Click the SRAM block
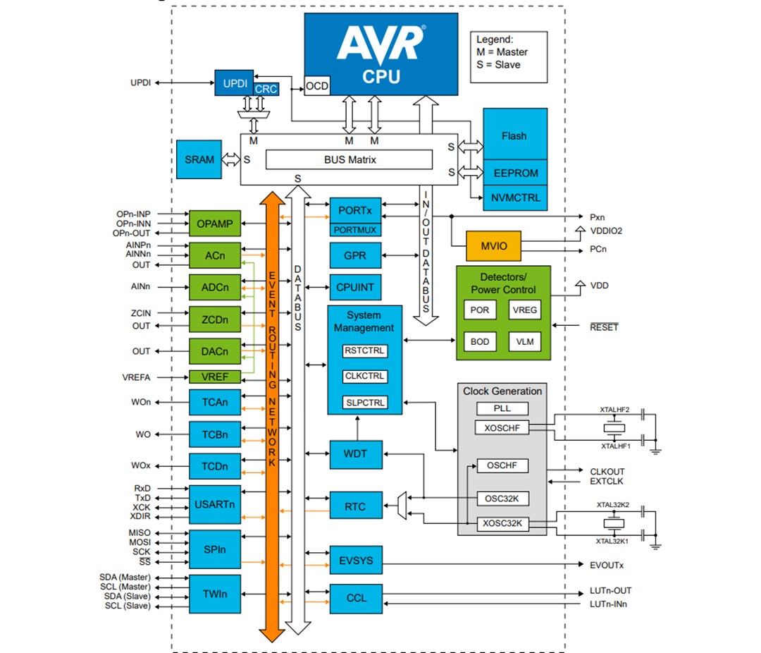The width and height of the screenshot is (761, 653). click(199, 159)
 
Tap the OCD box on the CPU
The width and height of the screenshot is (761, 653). click(317, 86)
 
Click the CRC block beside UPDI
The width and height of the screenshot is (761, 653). click(266, 90)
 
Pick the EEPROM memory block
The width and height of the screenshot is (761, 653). click(514, 173)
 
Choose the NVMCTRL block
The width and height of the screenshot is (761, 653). click(514, 197)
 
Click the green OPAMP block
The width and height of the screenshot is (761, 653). click(214, 224)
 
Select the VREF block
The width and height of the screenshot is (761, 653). click(214, 377)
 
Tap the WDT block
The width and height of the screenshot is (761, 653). click(356, 454)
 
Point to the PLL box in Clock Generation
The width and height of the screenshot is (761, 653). click(502, 408)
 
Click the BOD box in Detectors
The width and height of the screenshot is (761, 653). click(479, 341)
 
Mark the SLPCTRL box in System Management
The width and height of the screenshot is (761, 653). click(365, 403)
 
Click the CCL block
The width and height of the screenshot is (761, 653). click(356, 598)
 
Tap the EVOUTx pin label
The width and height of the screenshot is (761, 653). click(607, 565)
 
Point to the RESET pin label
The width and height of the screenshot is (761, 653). click(604, 327)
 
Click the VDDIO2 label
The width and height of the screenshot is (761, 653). click(607, 230)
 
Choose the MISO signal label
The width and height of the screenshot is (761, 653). click(140, 532)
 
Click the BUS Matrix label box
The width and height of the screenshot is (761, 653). click(349, 160)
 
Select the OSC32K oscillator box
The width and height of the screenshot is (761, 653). click(502, 499)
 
